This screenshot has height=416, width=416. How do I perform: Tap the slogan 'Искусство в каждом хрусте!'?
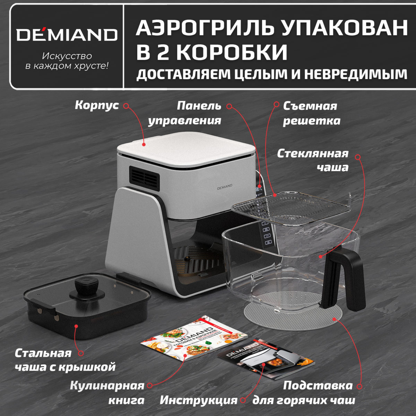(67, 61)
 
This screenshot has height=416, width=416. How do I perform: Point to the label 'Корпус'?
(97, 105)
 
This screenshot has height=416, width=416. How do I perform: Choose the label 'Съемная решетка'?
(311, 113)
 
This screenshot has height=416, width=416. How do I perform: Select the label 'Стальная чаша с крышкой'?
(65, 360)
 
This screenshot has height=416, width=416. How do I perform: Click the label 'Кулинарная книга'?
(107, 393)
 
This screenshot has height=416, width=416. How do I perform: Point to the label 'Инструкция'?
(198, 400)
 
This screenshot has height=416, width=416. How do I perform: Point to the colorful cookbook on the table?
(194, 338)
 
